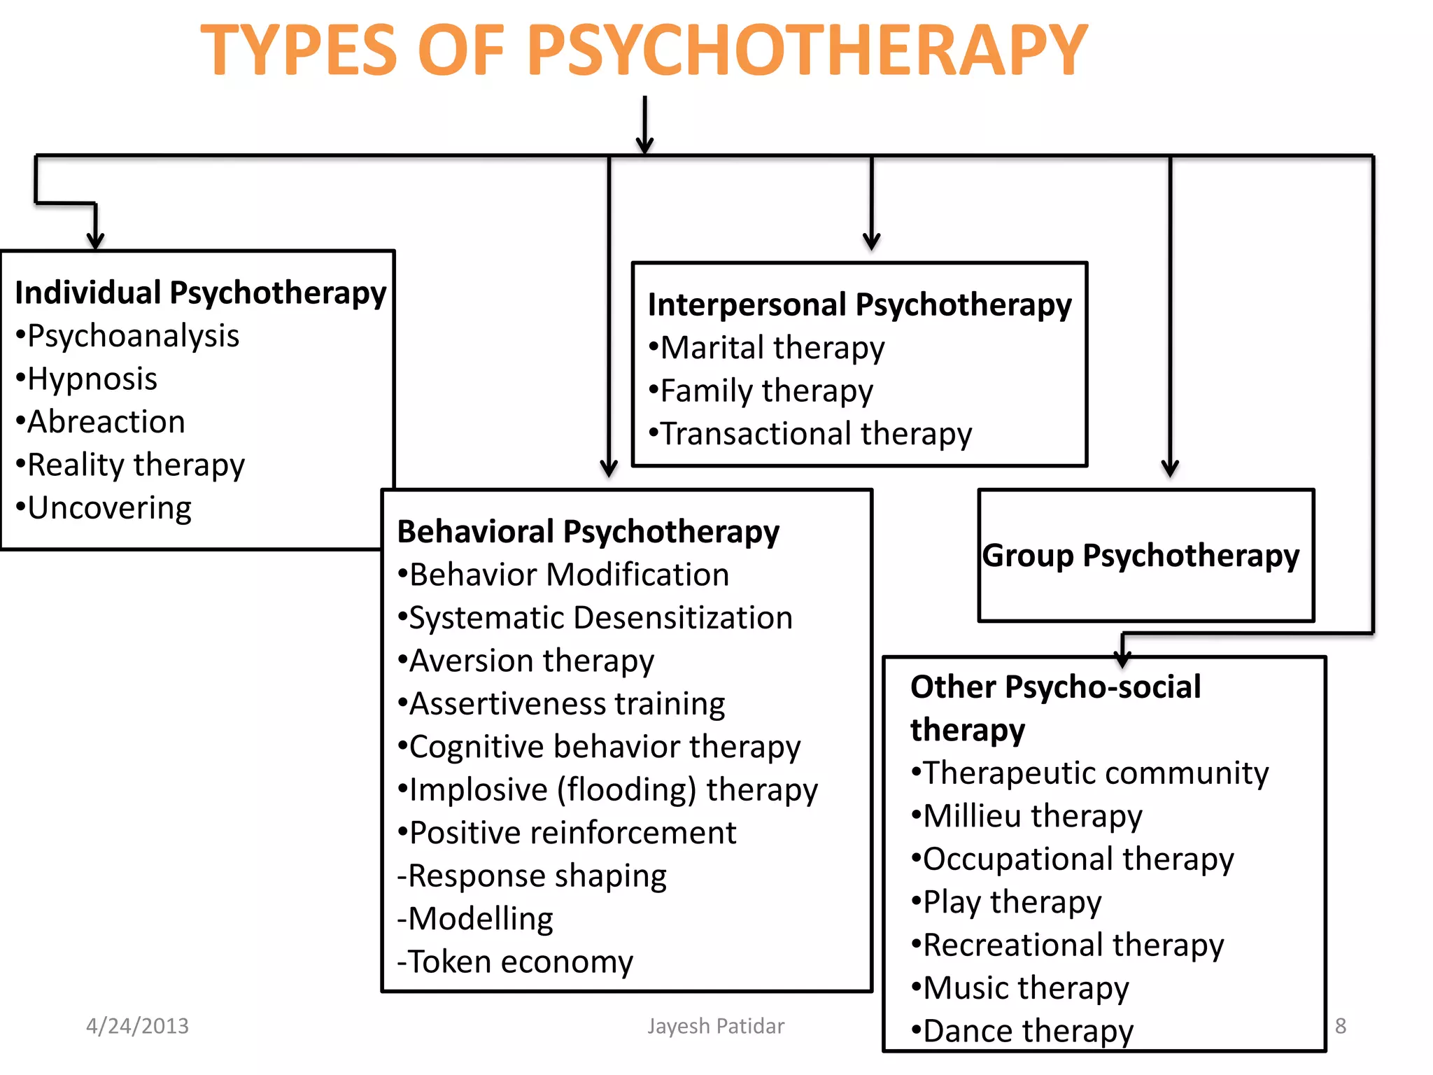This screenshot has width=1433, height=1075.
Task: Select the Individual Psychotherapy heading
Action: click(x=200, y=293)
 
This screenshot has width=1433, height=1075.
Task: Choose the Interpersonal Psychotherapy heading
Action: click(x=859, y=305)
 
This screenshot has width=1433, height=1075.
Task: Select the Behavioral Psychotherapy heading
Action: click(x=588, y=532)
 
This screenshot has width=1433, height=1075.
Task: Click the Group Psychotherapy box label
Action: click(x=1141, y=556)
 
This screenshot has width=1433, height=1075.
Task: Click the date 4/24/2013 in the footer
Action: click(x=137, y=1026)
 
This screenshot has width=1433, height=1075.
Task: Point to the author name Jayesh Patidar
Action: click(x=716, y=1026)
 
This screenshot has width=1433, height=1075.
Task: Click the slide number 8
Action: click(x=1340, y=1026)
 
